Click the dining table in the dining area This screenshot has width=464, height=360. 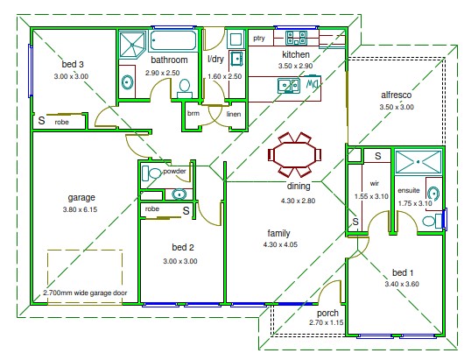click(x=294, y=155)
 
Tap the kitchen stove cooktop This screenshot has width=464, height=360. click(x=296, y=38)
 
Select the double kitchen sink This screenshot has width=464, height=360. click(x=288, y=85)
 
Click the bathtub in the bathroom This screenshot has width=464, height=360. click(x=173, y=40)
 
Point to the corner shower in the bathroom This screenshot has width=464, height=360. click(x=132, y=45)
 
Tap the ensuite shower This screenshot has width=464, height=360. click(x=418, y=162)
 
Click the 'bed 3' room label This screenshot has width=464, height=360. click(x=73, y=64)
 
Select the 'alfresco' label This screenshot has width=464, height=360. click(x=397, y=95)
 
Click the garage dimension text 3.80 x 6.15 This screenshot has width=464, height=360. click(x=80, y=209)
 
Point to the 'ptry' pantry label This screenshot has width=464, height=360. click(x=259, y=39)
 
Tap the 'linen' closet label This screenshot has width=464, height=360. click(x=234, y=114)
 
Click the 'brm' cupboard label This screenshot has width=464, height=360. click(x=193, y=113)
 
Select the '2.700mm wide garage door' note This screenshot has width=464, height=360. click(x=85, y=293)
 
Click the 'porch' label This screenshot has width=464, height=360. click(x=327, y=314)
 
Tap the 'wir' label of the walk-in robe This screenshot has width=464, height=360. click(x=375, y=184)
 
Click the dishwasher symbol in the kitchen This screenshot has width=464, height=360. click(x=313, y=84)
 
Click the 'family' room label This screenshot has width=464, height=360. click(x=278, y=233)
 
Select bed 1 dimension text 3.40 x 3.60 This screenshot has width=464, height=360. click(x=402, y=284)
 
